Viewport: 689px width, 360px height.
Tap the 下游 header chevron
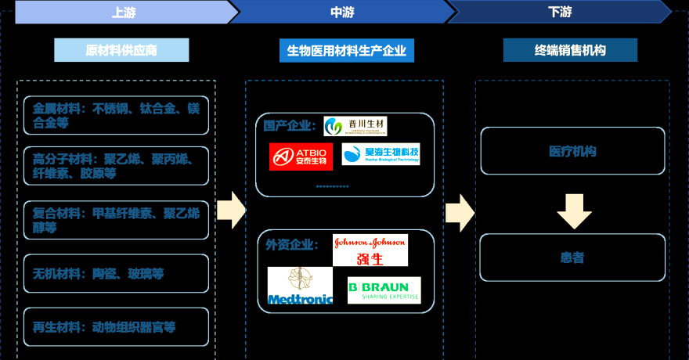[x=560, y=12]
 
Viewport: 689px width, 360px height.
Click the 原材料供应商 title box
[x=121, y=50]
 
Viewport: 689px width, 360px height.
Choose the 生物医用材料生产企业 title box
[x=346, y=51]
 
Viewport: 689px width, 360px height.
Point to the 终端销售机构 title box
[x=570, y=51]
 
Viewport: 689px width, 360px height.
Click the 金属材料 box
[x=116, y=115]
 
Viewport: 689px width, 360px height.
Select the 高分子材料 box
[x=116, y=166]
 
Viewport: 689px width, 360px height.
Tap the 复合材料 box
[x=116, y=220]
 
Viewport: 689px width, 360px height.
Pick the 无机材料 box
[x=116, y=274]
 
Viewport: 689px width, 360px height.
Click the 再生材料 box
[x=116, y=327]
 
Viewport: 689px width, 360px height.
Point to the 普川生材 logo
[x=355, y=126]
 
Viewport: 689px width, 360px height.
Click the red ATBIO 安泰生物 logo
[x=301, y=156]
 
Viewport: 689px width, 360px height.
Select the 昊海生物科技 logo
[x=381, y=153]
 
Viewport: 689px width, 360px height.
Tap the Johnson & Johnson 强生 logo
[x=370, y=250]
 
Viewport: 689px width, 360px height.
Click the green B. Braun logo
[x=384, y=290]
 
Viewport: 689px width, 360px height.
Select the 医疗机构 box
[x=572, y=151]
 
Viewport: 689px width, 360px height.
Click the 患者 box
[x=572, y=257]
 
